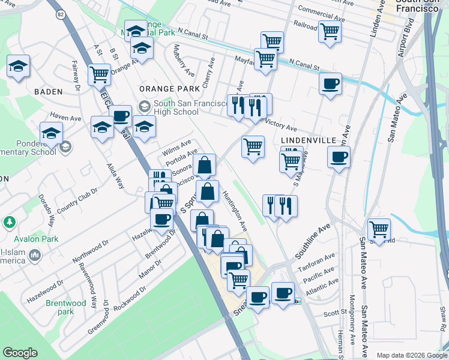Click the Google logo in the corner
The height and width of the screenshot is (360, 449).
click(x=20, y=353)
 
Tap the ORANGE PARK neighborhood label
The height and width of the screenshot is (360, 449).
click(x=169, y=88)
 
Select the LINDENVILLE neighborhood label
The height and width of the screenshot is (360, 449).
click(x=309, y=139)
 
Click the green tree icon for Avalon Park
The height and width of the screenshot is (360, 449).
click(x=9, y=223)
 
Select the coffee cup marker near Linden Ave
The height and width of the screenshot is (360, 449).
click(x=329, y=84)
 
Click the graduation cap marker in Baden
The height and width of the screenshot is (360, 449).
click(x=18, y=67)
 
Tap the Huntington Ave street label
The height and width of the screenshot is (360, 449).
click(x=235, y=211)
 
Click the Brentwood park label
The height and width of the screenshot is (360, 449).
click(x=67, y=307)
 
